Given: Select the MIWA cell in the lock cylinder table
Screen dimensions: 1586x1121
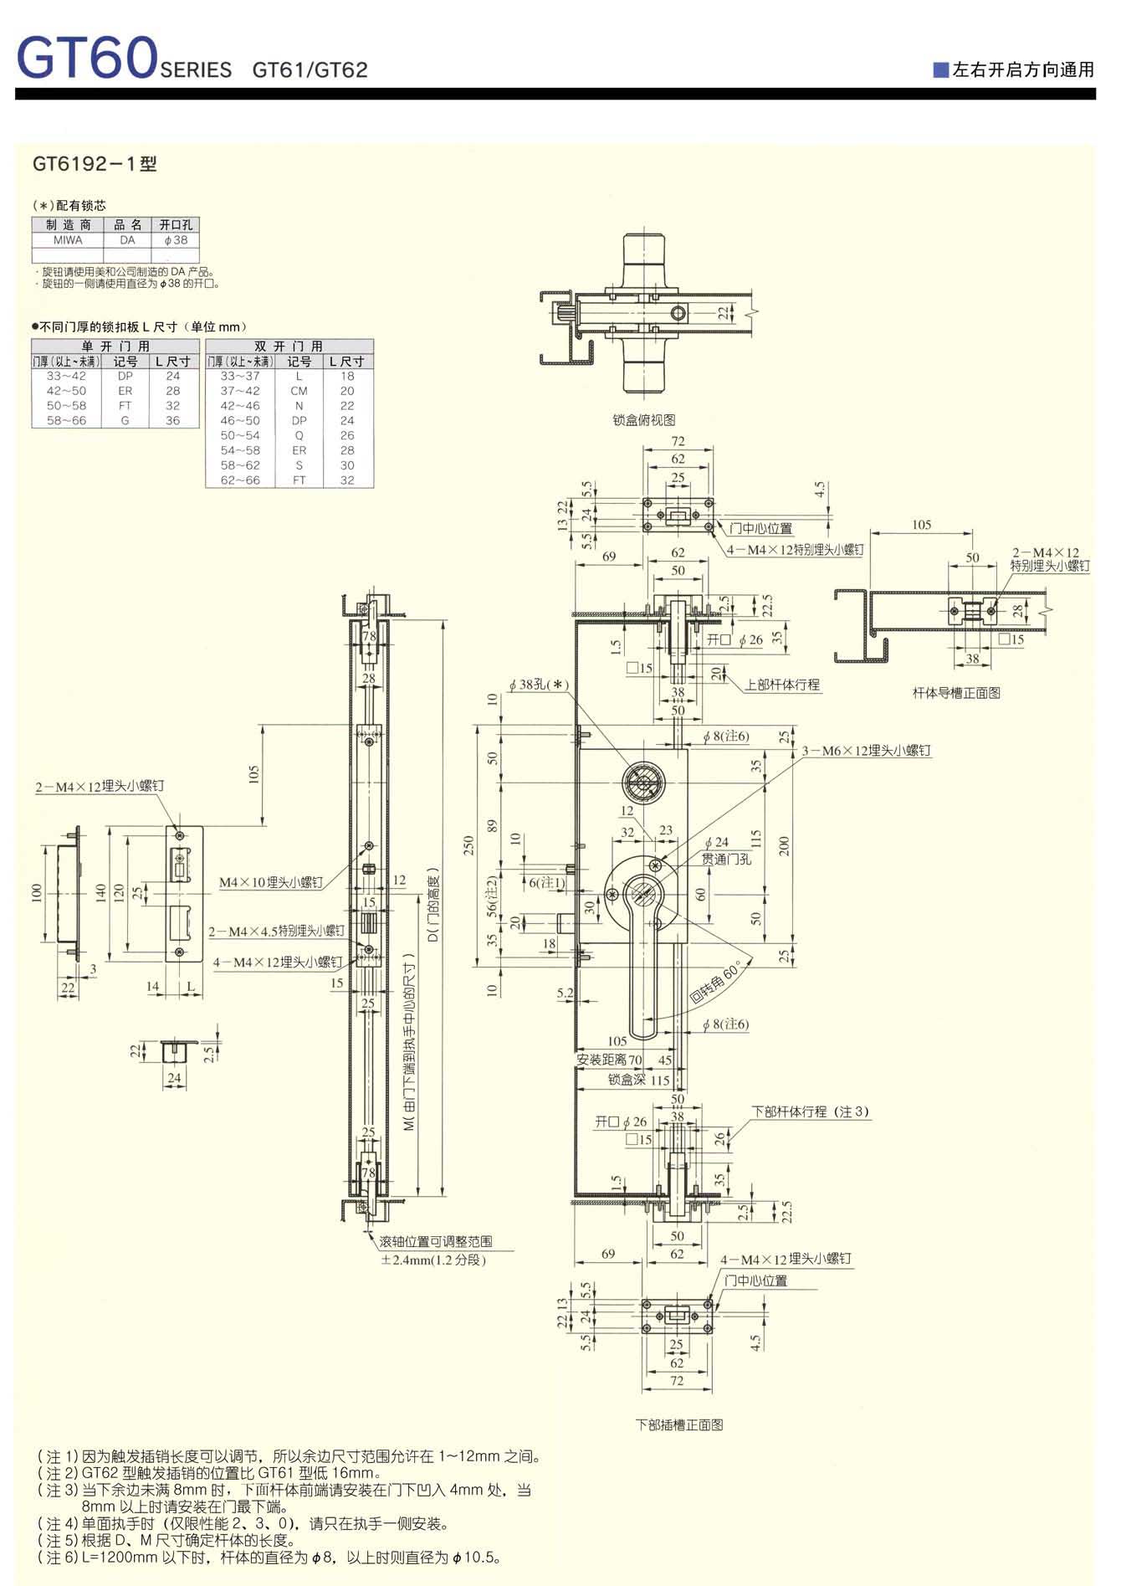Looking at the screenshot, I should pos(68,240).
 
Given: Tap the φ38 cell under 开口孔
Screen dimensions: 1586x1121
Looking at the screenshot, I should pos(176,240).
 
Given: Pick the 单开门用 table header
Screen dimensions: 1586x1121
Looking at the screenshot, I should pos(115,346).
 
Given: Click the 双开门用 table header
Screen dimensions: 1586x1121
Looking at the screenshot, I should pos(289,346).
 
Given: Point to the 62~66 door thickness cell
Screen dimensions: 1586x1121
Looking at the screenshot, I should pos(240,480).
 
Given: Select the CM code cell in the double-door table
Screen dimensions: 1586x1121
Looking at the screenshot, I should pos(299,391).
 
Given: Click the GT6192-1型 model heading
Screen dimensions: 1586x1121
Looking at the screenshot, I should pos(95,164).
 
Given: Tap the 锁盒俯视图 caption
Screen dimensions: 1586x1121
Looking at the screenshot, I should pos(643,420).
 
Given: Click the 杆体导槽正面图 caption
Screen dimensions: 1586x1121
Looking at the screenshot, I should pos(956,693).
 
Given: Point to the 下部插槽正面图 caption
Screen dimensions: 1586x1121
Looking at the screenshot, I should pos(679,1424).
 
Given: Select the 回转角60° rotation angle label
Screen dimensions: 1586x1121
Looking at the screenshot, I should pos(716,983).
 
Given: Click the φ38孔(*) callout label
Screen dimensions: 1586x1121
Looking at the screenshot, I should pos(539,685).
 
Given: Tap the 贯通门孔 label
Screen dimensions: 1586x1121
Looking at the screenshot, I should pos(726,859).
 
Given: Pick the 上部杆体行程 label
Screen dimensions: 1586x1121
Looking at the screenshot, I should pos(782,685).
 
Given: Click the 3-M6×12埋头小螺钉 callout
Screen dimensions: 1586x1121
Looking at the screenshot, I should pos(866,751).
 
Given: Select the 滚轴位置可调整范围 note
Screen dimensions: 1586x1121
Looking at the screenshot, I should pos(435,1242).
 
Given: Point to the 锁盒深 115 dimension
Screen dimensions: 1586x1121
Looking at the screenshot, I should pos(639,1080).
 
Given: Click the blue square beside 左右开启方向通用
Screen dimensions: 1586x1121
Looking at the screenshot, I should pos(941,69).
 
